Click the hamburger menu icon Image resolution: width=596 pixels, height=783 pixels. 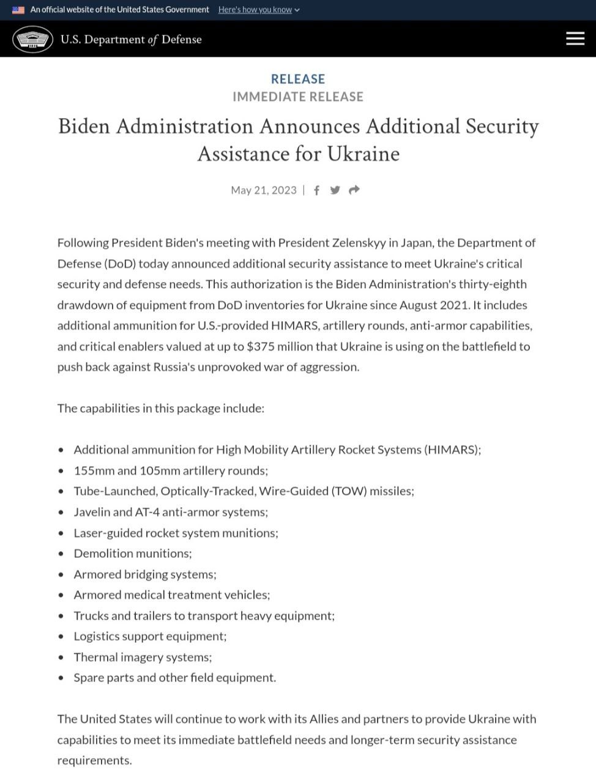575,39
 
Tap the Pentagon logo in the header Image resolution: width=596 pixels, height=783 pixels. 32,39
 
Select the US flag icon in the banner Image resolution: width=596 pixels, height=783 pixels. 18,10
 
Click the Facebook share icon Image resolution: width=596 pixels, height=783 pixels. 316,190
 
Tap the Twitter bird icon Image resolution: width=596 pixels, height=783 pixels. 335,190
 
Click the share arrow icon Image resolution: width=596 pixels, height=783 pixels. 354,190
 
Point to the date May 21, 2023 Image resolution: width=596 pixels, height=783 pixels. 263,190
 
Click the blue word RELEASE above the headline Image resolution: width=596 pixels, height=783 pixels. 298,79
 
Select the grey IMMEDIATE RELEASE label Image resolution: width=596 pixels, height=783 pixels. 298,97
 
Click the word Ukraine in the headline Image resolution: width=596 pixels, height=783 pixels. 363,154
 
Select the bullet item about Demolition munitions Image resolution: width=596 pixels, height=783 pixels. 133,554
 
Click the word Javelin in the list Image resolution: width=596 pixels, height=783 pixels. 93,512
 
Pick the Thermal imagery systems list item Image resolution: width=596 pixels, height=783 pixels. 143,657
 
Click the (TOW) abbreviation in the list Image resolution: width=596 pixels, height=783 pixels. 349,491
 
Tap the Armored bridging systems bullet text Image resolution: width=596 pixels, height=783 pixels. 145,574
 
